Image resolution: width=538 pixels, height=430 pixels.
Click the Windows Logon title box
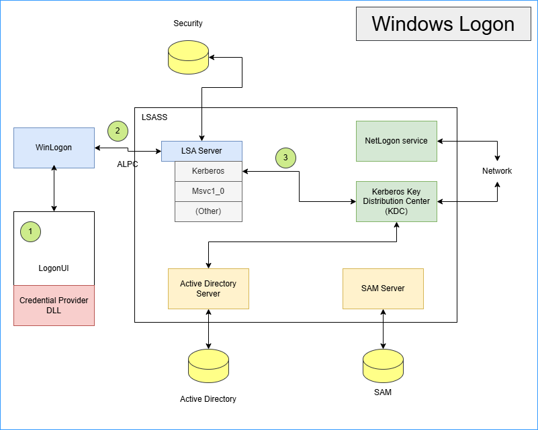coord(443,24)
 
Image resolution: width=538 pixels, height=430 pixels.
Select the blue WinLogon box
coord(54,148)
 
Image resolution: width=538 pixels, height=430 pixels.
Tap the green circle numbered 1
coord(30,231)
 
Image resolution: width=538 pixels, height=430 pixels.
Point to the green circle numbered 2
coord(118,130)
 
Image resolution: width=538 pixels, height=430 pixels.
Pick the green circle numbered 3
coord(285,158)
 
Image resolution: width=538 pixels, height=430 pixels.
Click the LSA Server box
coord(201,151)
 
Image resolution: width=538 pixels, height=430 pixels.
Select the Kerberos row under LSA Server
coord(208,171)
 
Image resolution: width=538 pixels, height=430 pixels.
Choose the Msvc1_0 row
coord(208,191)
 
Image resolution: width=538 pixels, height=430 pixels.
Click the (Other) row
coord(208,211)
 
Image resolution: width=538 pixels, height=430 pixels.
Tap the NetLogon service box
coord(396,141)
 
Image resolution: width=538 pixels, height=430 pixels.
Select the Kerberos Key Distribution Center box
coord(396,201)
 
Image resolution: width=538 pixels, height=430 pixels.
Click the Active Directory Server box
coord(208,288)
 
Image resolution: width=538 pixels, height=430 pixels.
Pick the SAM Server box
coord(383,288)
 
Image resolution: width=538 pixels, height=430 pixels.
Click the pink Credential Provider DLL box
coord(54,305)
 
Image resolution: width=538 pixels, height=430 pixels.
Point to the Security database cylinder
coord(188,57)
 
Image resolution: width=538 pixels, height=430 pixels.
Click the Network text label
coord(497,171)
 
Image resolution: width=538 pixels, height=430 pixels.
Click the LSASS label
coord(154,117)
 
